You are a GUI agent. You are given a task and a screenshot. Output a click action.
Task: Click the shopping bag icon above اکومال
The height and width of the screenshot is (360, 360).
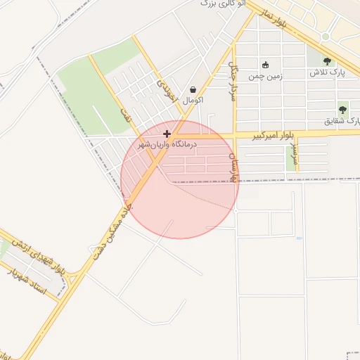[x=193, y=89]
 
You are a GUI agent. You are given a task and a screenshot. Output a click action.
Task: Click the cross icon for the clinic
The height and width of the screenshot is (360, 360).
[x=167, y=134]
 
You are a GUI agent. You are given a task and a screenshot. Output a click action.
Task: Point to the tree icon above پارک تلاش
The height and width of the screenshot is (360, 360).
[x=327, y=61]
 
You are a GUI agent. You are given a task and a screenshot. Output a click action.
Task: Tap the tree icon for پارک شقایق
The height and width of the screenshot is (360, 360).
[x=342, y=109]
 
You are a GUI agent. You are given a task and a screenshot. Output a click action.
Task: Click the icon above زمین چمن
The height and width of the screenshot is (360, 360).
[x=265, y=65]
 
